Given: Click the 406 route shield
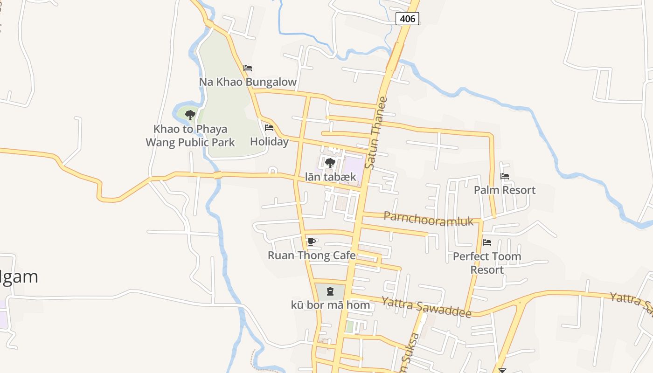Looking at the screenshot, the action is click(x=407, y=19).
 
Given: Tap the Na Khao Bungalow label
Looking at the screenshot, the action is click(x=248, y=82).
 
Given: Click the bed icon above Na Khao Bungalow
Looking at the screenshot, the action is click(x=248, y=68).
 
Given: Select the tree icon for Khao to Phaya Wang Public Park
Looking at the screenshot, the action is click(x=190, y=115).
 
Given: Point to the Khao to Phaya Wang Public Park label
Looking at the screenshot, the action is click(x=190, y=136).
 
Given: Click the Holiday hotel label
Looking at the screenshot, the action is click(x=269, y=141).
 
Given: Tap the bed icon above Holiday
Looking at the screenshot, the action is click(x=269, y=128).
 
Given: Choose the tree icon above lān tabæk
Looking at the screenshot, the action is click(x=330, y=163).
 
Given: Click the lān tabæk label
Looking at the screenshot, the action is click(x=330, y=177).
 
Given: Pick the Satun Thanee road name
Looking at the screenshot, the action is click(x=377, y=133).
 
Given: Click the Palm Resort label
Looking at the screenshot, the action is click(x=505, y=190).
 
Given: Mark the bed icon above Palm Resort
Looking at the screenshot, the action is click(x=505, y=176).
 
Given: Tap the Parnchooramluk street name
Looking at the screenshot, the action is click(x=429, y=219).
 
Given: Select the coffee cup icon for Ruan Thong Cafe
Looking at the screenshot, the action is click(x=312, y=242).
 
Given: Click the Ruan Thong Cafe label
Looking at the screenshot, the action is click(x=312, y=256).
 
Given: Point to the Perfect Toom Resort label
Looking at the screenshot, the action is click(x=487, y=263).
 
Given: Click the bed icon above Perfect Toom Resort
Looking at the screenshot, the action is click(x=487, y=242).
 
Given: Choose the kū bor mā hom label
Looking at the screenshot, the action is click(x=330, y=306).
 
